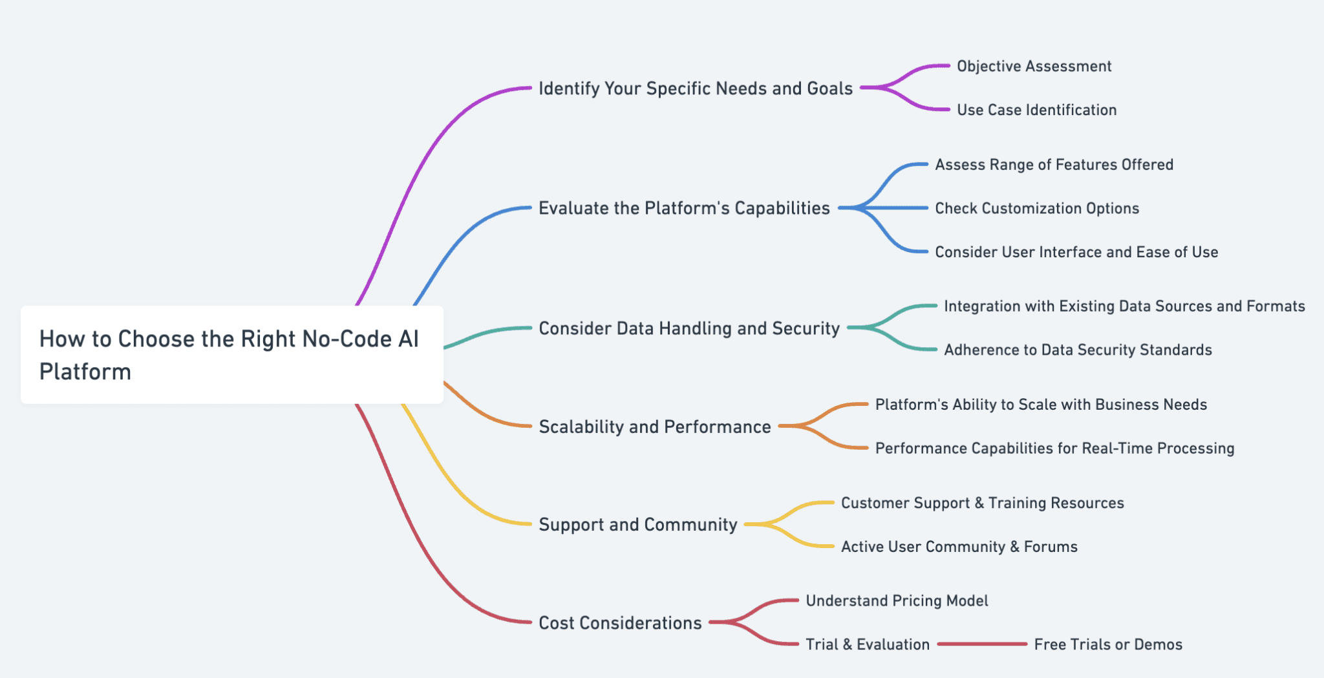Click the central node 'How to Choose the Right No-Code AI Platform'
point(231,355)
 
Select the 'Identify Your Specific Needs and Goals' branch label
point(696,89)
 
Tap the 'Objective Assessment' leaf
point(1034,67)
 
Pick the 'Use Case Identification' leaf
point(1036,110)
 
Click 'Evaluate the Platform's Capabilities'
point(684,208)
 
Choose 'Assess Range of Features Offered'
point(1054,165)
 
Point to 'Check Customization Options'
point(1037,208)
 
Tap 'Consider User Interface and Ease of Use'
point(1076,252)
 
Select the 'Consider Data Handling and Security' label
point(689,328)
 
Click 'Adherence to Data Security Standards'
point(1078,350)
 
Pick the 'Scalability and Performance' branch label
point(655,427)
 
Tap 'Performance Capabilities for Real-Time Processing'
point(1054,449)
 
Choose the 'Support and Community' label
point(638,524)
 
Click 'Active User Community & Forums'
point(959,547)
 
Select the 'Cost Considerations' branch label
point(620,623)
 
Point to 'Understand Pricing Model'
point(897,601)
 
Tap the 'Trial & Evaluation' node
point(868,644)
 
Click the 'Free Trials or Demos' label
point(1108,644)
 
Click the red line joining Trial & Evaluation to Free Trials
point(981,644)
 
